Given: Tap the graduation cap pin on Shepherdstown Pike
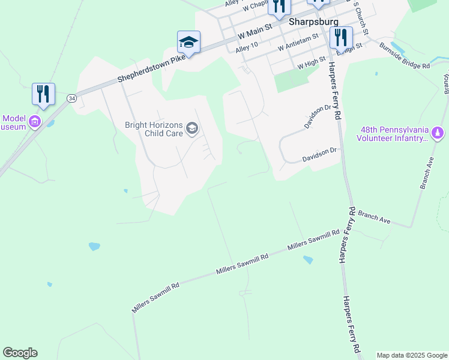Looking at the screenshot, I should coord(188,43).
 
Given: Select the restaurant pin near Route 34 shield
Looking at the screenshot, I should coord(43,95).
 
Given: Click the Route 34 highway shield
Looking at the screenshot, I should coord(72,98).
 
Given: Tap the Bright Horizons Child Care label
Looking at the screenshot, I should coord(153,129).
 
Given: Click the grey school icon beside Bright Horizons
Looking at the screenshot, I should coord(192,128).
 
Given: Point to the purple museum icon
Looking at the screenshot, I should coord(35,122).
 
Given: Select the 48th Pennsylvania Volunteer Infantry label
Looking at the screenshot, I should coord(394,134).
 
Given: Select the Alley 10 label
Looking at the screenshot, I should coord(247,46).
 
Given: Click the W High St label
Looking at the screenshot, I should coord(307,62).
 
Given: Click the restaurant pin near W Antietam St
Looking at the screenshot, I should coord(341,38).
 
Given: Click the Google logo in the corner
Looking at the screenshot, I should coord(20,353).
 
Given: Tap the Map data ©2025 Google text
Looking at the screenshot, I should coord(412,355).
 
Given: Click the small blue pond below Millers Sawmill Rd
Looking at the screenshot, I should coord(308,260).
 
